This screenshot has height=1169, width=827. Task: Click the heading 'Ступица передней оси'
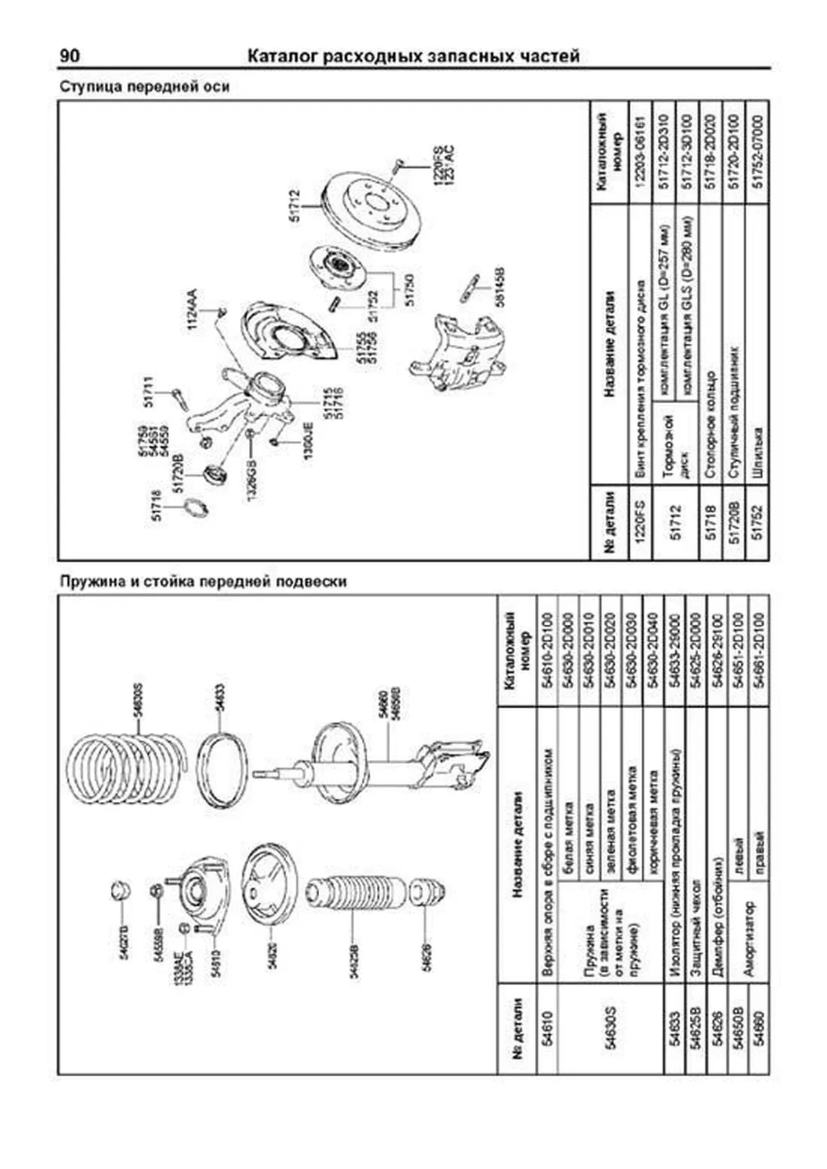[144, 87]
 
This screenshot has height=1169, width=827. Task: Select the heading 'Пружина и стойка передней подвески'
[203, 581]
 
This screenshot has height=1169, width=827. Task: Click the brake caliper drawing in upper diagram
[462, 351]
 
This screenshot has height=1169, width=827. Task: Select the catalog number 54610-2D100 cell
[547, 651]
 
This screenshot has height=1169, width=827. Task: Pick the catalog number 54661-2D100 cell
[759, 651]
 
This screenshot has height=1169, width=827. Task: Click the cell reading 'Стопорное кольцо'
[711, 425]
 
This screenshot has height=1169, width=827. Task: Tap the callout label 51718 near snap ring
[156, 505]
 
